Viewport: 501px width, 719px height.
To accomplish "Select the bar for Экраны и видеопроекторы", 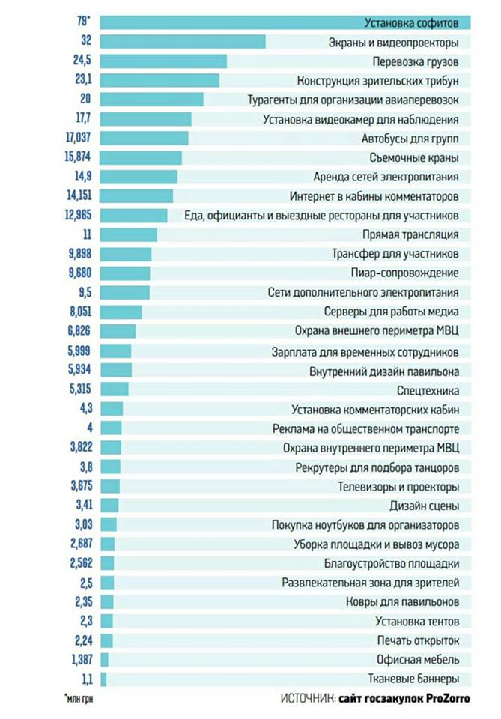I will pyautogui.click(x=183, y=41).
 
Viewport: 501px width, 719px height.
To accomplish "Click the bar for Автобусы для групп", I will pyautogui.click(x=144, y=138).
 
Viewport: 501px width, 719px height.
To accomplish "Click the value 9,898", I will pyautogui.click(x=79, y=255).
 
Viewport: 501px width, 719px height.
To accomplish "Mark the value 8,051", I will pyautogui.click(x=79, y=312).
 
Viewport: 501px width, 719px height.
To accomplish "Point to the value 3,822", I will pyautogui.click(x=79, y=448).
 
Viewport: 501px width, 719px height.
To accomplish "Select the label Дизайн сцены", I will pyautogui.click(x=429, y=506).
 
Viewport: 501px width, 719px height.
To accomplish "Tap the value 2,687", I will pyautogui.click(x=79, y=544).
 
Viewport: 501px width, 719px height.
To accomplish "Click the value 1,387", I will pyautogui.click(x=79, y=660).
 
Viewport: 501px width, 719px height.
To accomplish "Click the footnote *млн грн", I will pyautogui.click(x=81, y=700).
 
